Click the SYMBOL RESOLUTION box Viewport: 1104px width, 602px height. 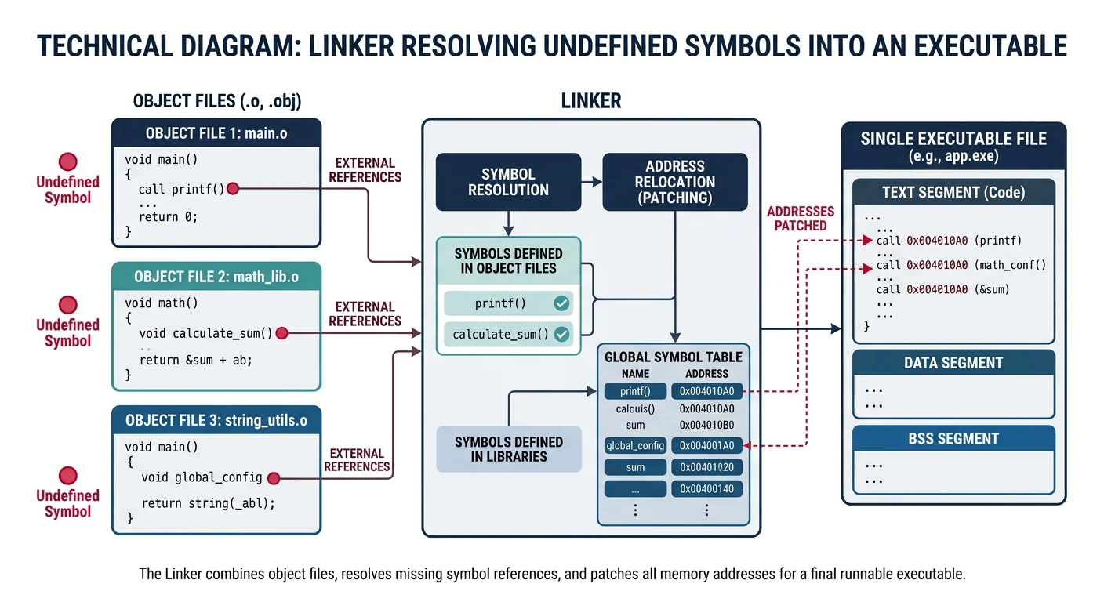508,182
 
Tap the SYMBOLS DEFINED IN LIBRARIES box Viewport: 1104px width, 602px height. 508,449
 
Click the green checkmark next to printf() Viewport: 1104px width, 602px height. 561,303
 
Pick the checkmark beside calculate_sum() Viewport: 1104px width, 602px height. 561,334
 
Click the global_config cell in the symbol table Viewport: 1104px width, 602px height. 635,446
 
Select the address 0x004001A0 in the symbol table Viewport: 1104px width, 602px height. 706,446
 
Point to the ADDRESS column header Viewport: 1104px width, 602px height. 706,374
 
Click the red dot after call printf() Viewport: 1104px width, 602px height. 233,189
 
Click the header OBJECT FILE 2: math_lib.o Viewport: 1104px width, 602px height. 216,277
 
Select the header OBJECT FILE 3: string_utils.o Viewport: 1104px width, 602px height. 216,420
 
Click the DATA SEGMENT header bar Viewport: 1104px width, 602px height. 953,363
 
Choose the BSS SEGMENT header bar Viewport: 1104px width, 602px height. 953,439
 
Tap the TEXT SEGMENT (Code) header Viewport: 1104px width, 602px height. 953,192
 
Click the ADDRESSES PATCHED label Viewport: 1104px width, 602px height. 801,219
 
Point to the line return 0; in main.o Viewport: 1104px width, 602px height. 168,217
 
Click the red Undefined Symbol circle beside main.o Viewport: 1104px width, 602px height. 68,161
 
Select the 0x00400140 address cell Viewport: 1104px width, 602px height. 706,489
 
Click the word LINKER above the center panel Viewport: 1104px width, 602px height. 590,101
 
